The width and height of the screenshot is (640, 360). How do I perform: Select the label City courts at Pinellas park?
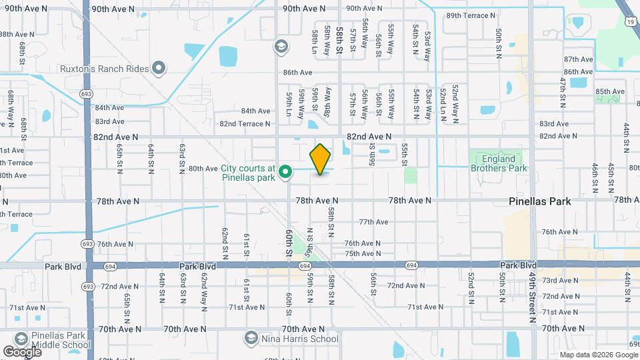pos(249,173)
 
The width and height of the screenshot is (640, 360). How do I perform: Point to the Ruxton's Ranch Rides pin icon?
pos(159,67)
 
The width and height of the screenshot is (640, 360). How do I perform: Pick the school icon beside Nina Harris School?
pos(251,339)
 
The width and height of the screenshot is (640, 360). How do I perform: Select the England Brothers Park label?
pos(499,163)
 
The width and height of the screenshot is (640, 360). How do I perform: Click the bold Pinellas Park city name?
pos(541,200)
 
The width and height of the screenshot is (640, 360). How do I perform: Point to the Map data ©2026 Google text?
pos(597,355)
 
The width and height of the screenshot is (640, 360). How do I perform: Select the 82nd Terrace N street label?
pos(245,124)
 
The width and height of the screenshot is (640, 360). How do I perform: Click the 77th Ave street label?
pos(373,222)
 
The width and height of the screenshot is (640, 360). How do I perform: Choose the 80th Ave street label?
pos(203,169)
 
